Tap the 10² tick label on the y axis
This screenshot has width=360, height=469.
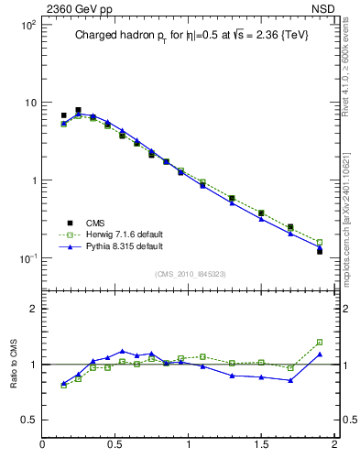[28, 25]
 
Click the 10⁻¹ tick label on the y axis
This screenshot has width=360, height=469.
[28, 258]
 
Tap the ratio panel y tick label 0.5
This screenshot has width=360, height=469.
[27, 420]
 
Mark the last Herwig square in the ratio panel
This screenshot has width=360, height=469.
[320, 342]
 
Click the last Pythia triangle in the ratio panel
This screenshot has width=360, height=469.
[320, 354]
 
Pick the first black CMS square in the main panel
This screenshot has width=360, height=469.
[63, 115]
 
